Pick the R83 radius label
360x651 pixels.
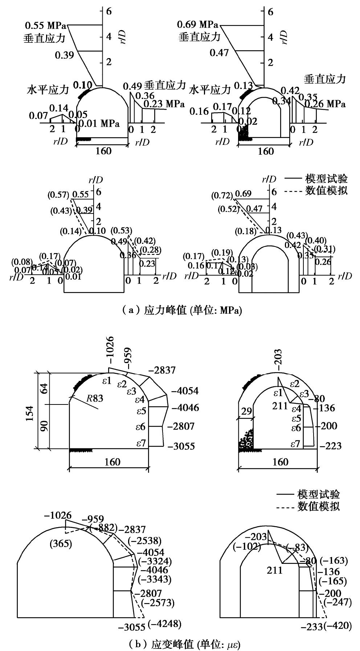(x=95, y=398)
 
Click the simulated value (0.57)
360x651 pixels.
(x=58, y=195)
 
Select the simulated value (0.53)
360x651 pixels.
(x=122, y=230)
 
